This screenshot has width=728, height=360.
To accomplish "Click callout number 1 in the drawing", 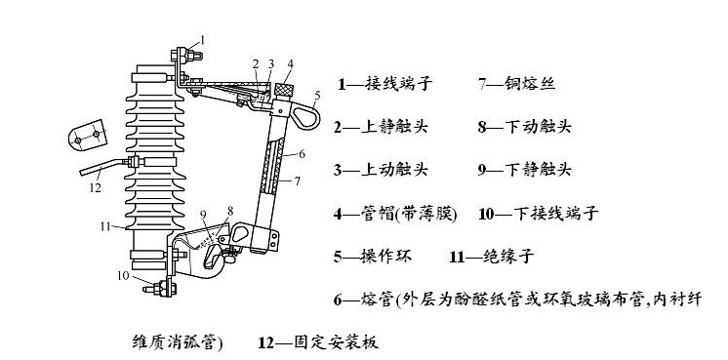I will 202,39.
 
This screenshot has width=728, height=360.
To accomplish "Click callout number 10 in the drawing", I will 123,275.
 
